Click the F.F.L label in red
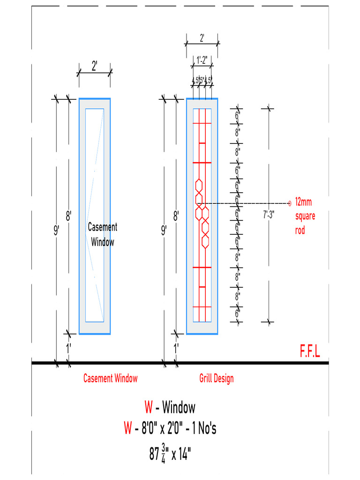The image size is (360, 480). pyautogui.click(x=310, y=352)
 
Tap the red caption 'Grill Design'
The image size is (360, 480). pyautogui.click(x=216, y=378)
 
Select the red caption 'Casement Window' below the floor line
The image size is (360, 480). pyautogui.click(x=110, y=378)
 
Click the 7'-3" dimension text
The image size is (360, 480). pyautogui.click(x=269, y=215)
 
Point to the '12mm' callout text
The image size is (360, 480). pyautogui.click(x=303, y=202)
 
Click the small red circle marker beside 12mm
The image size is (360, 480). pyautogui.click(x=289, y=203)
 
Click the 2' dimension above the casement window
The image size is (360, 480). pyautogui.click(x=94, y=66)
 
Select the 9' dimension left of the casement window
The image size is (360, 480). pyautogui.click(x=57, y=230)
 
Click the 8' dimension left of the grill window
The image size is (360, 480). pyautogui.click(x=176, y=216)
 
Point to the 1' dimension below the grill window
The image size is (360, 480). pyautogui.click(x=176, y=348)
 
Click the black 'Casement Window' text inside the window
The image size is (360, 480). pyautogui.click(x=103, y=234)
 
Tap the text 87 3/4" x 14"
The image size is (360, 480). pyautogui.click(x=170, y=454)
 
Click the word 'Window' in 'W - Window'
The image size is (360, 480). pyautogui.click(x=179, y=407)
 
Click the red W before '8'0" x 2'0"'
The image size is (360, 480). pyautogui.click(x=128, y=428)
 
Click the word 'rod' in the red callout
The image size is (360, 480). pyautogui.click(x=300, y=231)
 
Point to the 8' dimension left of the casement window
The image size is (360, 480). pyautogui.click(x=68, y=216)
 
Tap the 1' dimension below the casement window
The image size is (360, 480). pyautogui.click(x=68, y=348)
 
